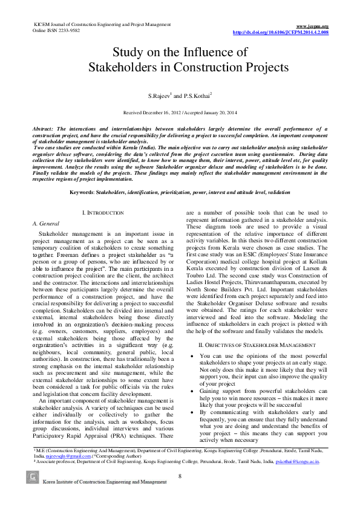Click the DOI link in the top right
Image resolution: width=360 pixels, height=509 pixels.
click(x=281, y=32)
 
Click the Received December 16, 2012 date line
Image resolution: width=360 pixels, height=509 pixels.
click(x=180, y=113)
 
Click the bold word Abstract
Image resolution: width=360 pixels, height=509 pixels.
click(x=44, y=129)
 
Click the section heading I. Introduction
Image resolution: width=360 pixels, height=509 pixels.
click(x=103, y=213)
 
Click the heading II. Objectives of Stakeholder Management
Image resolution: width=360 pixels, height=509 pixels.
click(x=257, y=345)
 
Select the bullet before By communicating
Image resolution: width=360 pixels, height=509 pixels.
click(x=191, y=413)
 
